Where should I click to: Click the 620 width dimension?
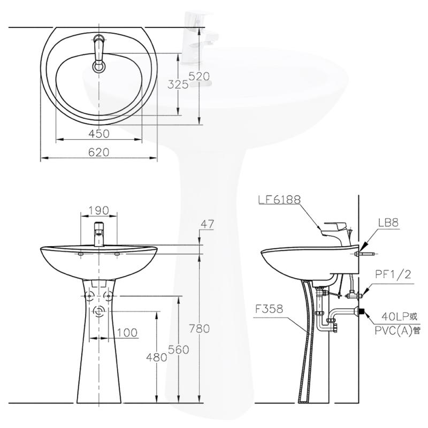tap(99, 152)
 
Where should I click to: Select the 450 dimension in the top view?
tap(99, 133)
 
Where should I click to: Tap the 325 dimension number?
tap(178, 85)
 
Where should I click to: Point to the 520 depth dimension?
tap(199, 77)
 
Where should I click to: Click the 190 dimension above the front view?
tap(98, 210)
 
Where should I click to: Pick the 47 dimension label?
tap(208, 224)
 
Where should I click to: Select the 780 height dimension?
tap(199, 328)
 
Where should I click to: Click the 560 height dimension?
tap(179, 350)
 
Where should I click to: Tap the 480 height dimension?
tap(156, 357)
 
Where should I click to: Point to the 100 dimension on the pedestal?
tap(127, 333)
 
